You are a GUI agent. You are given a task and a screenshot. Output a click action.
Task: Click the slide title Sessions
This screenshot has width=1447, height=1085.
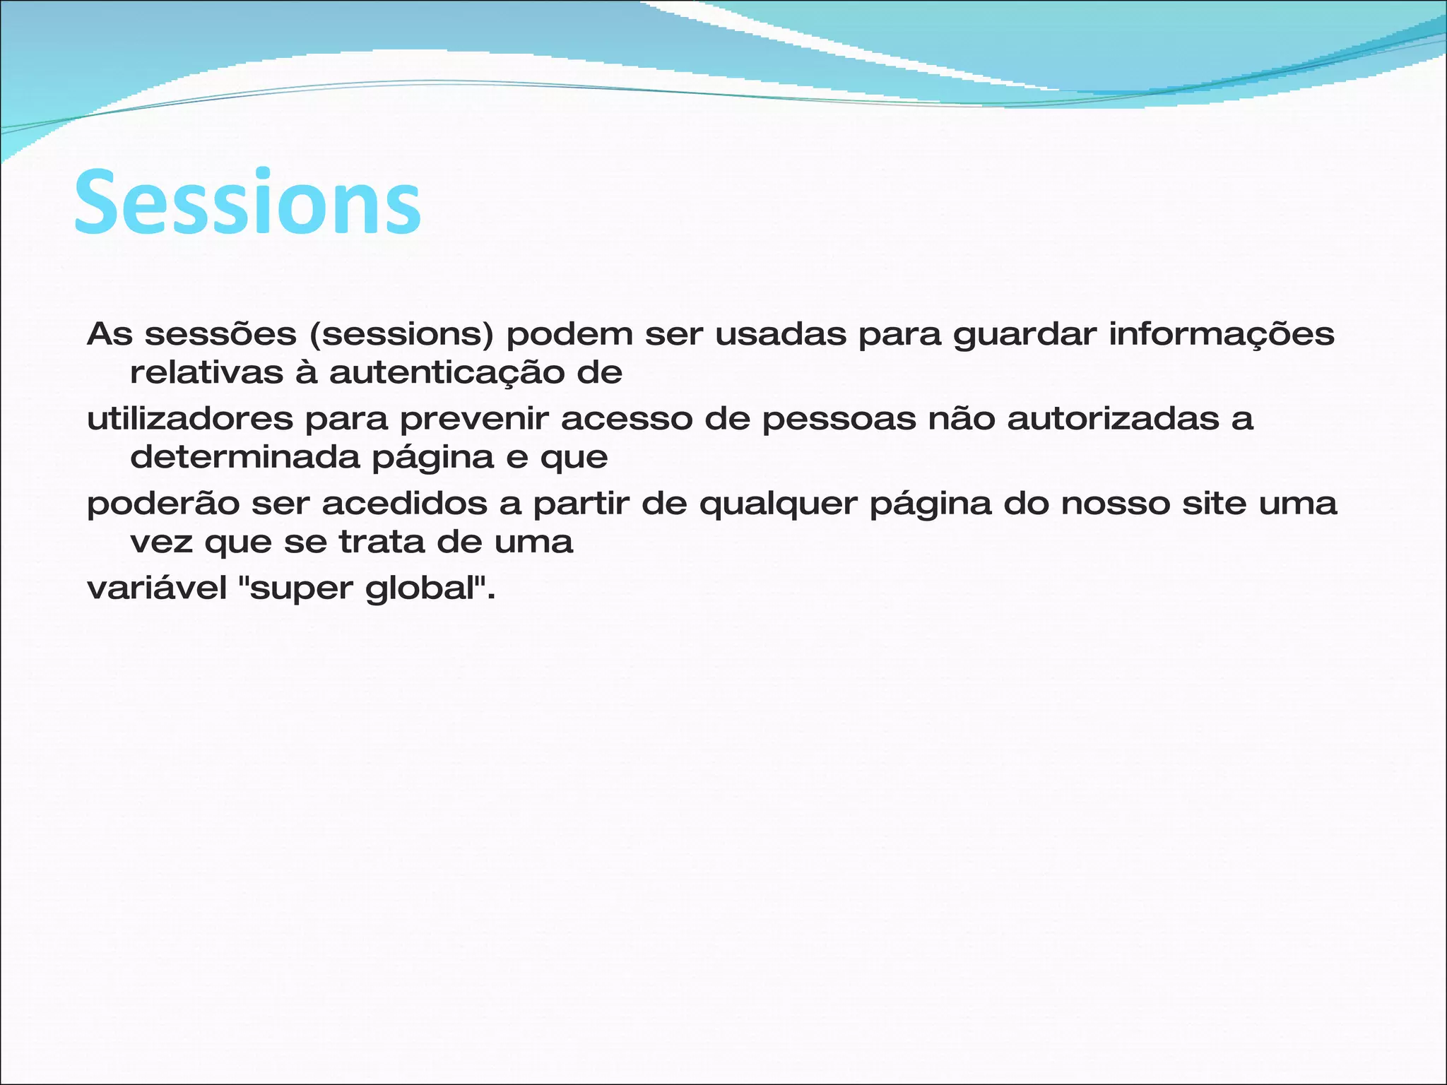point(247,203)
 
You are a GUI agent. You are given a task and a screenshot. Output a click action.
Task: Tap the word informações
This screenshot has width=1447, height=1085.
point(1222,335)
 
